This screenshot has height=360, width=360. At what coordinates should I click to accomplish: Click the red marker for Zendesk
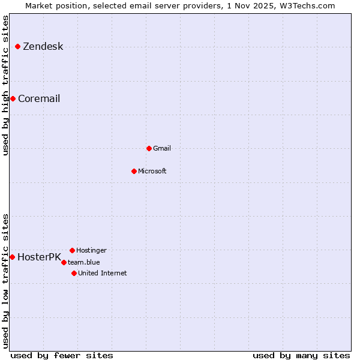(x=17, y=46)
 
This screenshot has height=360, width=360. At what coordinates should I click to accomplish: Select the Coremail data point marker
(x=13, y=98)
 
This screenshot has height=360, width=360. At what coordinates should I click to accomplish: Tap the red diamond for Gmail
(x=149, y=148)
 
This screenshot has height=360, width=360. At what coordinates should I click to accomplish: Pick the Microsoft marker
(x=134, y=171)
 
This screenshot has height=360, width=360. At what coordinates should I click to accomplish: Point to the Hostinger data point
(x=72, y=250)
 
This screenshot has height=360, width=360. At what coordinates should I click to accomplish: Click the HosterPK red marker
(x=12, y=257)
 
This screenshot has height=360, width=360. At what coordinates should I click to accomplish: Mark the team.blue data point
(x=64, y=262)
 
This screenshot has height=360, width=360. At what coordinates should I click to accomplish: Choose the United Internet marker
(x=74, y=273)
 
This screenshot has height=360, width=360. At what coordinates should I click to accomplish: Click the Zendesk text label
(x=43, y=47)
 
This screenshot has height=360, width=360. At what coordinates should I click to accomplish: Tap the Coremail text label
(x=39, y=99)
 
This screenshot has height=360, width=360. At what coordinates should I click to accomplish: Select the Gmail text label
(x=162, y=148)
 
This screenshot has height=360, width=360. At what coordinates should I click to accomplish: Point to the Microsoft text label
(x=152, y=171)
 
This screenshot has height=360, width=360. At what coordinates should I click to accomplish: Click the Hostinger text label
(x=91, y=250)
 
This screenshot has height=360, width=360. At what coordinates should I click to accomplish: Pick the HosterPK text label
(x=39, y=257)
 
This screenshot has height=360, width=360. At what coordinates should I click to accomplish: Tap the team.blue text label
(x=84, y=262)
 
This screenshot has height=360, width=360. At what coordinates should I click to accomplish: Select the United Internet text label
(x=103, y=273)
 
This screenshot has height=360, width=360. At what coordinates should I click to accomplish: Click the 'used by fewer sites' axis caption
(x=62, y=355)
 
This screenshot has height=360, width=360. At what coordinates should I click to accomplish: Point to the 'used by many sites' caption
(x=301, y=355)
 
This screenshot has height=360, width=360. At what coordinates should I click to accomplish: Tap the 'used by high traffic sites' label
(x=5, y=86)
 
